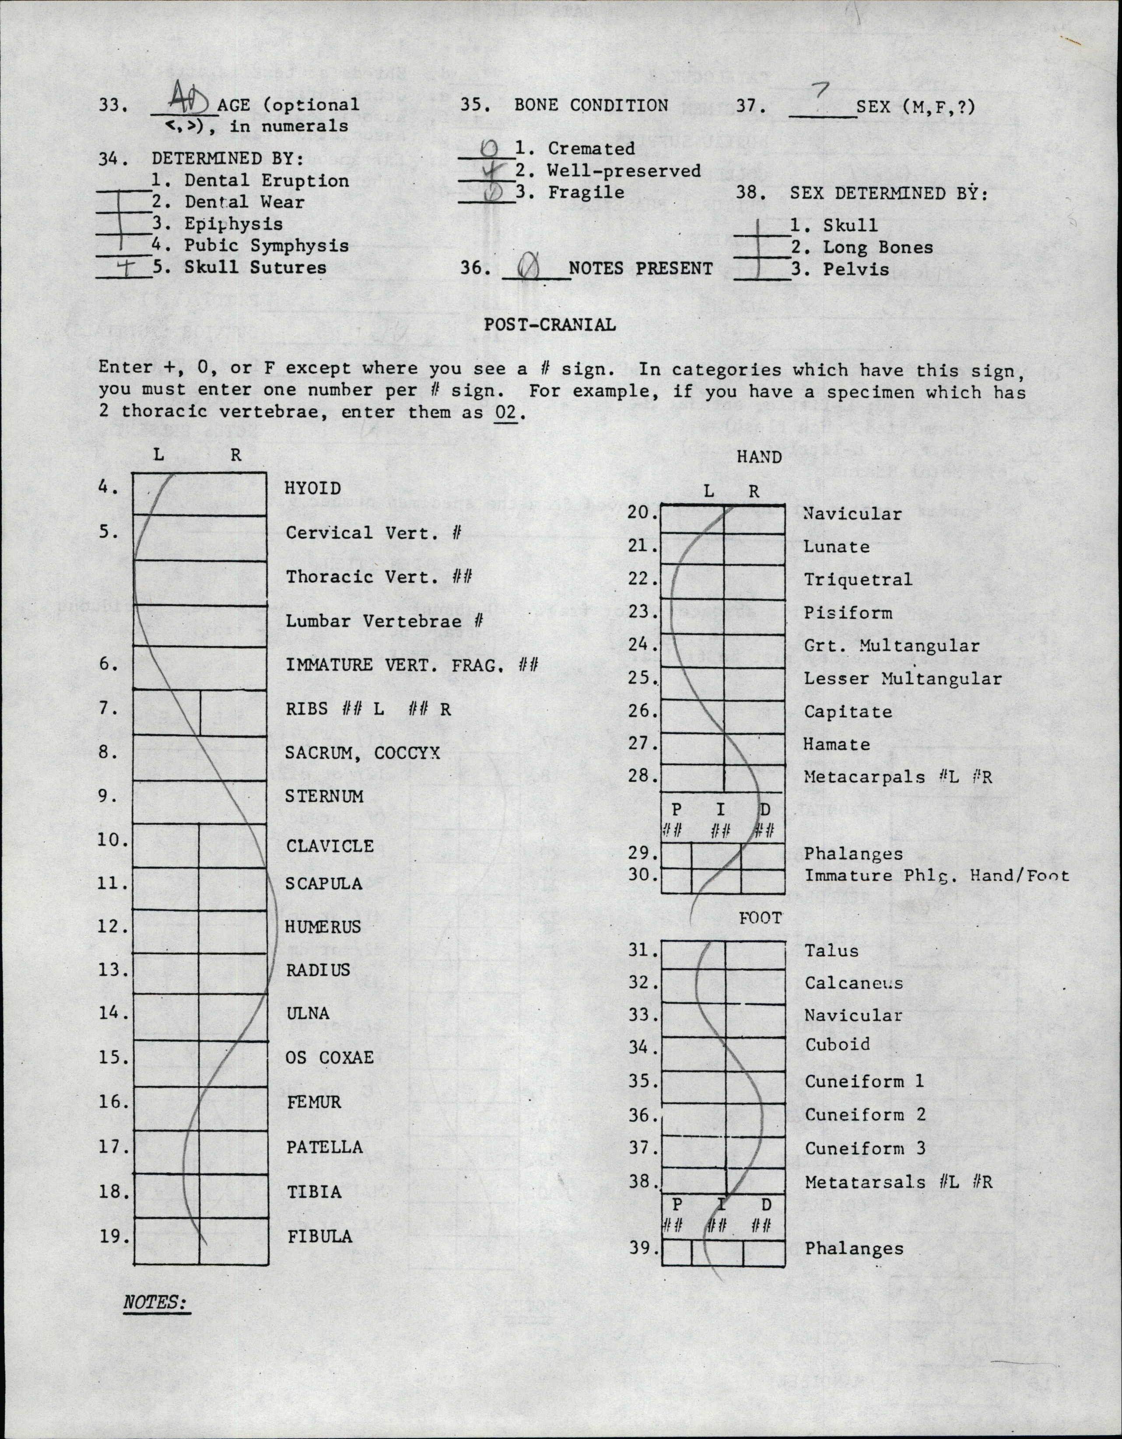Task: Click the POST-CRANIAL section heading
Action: click(x=550, y=324)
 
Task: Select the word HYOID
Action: click(x=313, y=488)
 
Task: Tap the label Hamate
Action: click(x=836, y=745)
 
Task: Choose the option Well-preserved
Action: click(x=623, y=171)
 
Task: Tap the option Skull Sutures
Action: click(x=255, y=267)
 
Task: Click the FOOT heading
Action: click(x=760, y=918)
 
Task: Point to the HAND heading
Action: click(x=758, y=457)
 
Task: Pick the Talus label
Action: click(x=831, y=951)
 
